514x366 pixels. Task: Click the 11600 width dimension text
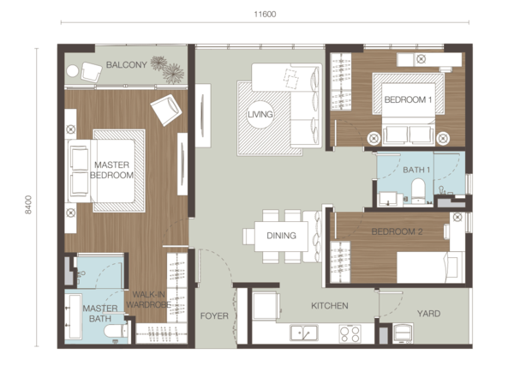265,14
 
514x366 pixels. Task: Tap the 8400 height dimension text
28,205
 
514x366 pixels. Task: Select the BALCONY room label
126,64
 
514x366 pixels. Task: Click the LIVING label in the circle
260,115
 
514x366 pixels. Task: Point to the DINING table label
281,236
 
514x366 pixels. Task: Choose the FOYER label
214,315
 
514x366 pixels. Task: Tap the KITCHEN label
330,306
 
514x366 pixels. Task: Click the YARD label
428,314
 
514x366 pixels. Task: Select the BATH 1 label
416,170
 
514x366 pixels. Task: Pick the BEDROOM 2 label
397,231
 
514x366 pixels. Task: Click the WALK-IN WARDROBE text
148,299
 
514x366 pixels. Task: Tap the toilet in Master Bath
116,331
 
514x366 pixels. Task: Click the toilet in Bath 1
418,191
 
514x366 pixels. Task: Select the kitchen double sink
304,333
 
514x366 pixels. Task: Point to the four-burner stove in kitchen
350,334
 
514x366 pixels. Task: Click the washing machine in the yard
403,333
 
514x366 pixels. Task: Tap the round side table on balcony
73,71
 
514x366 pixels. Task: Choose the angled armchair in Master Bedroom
166,110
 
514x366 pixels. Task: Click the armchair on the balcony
91,72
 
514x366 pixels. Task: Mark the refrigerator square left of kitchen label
266,306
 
